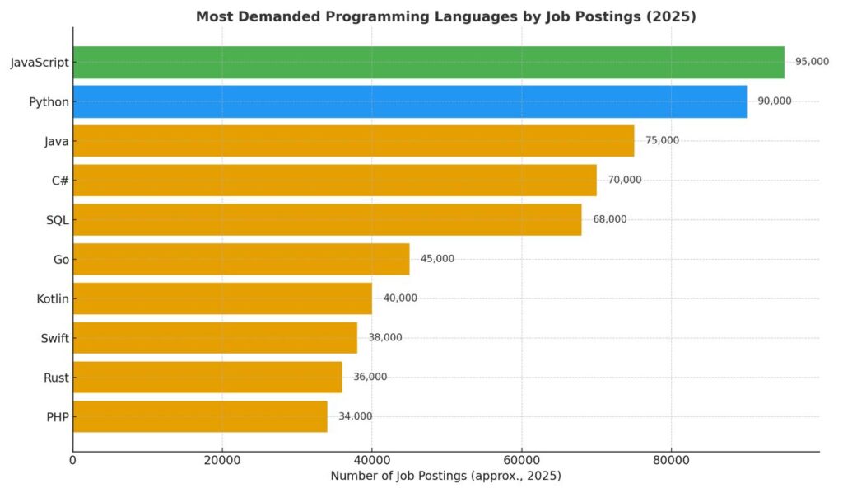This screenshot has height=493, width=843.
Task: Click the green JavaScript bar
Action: pos(428,62)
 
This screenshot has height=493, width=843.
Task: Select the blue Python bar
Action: pos(410,101)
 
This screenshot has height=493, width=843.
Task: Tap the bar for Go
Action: pos(241,259)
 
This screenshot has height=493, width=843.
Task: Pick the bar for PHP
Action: pos(200,416)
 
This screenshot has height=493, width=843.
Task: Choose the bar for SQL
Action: pos(327,219)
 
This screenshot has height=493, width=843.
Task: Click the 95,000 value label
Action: pos(812,62)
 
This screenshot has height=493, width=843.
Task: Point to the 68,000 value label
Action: pos(609,219)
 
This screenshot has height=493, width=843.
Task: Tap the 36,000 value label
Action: pos(370,377)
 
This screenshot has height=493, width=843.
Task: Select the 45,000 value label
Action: pos(437,259)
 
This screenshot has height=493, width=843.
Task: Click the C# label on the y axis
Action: pos(59,180)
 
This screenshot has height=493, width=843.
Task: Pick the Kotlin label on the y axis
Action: pos(53,298)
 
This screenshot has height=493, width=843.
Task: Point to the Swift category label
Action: pos(54,338)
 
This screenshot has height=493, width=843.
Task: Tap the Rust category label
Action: pos(56,378)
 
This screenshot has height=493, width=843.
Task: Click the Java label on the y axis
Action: pos(56,141)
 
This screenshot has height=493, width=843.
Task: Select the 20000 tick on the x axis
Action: pos(222,460)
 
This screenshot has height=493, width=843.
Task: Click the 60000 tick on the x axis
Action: pos(521,460)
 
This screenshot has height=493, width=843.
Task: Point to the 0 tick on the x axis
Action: pos(73,460)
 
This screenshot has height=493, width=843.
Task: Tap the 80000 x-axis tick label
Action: pos(670,460)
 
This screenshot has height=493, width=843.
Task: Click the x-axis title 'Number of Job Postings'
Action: pos(445,477)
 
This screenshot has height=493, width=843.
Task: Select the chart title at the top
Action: pos(445,16)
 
